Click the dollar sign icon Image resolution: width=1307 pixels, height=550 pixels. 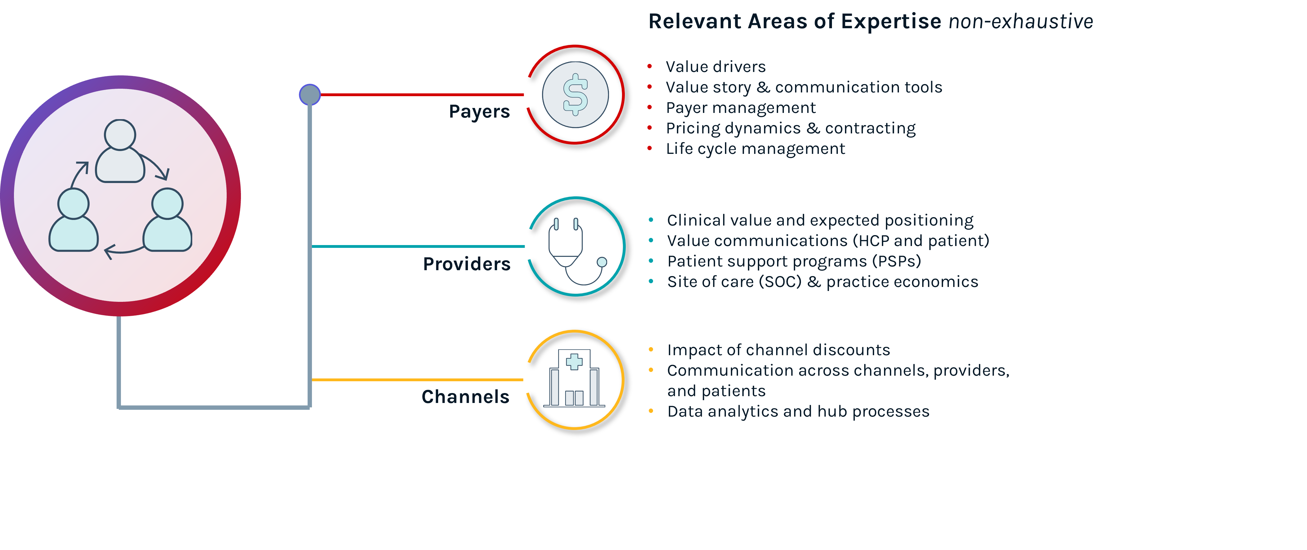[x=576, y=94]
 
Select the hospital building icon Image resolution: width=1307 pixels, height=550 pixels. [x=574, y=379]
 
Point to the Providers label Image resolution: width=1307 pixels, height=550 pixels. [x=466, y=264]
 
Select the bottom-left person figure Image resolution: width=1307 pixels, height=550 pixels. [x=73, y=220]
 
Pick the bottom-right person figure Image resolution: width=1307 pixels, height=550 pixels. [x=167, y=220]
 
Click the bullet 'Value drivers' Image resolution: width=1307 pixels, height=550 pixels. [x=715, y=66]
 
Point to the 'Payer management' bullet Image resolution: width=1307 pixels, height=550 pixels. [x=741, y=108]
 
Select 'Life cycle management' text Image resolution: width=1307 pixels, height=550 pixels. [x=755, y=149]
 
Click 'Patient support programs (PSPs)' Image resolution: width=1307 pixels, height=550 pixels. [x=794, y=261]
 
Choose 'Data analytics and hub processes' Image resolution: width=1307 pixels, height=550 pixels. [x=798, y=411]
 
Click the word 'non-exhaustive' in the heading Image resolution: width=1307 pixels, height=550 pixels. [x=1021, y=22]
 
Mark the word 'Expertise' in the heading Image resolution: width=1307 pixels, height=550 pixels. [x=891, y=22]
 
